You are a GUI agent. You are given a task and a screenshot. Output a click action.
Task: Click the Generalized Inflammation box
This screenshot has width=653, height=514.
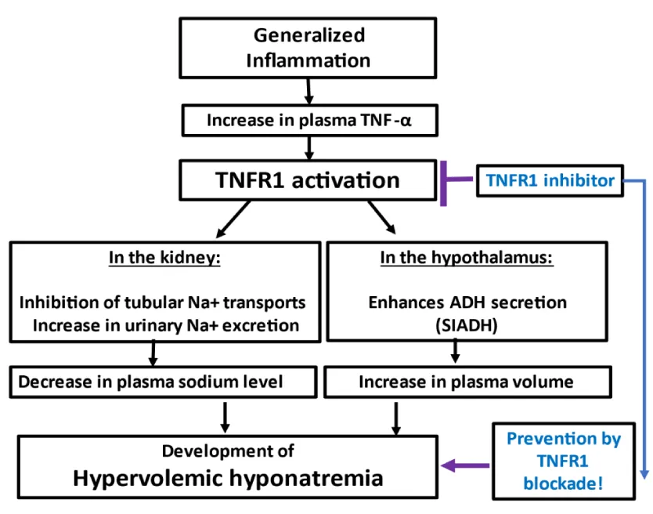308,48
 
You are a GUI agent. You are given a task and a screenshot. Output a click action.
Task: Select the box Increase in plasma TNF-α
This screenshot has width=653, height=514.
310,121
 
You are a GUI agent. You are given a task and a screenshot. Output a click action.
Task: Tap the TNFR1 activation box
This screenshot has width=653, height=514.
308,180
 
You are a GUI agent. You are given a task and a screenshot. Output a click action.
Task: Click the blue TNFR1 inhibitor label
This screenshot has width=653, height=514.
550,180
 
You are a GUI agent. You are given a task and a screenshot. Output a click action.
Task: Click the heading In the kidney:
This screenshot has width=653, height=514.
164,258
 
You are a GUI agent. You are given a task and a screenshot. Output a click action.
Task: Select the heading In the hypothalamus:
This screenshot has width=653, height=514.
467,258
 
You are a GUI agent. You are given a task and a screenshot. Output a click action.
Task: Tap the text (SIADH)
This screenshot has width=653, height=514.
467,325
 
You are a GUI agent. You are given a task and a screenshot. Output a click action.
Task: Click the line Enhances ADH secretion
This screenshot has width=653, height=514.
467,302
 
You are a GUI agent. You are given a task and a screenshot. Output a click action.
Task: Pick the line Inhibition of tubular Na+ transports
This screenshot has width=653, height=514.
162,302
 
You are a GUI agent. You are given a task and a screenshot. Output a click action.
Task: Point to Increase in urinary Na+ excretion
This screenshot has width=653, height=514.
166,325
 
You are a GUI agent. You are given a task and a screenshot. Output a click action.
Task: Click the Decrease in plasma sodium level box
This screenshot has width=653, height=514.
163,382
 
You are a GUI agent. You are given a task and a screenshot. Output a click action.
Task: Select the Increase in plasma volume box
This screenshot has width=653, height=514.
467,382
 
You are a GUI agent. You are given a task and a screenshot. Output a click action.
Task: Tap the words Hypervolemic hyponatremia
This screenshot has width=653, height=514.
228,478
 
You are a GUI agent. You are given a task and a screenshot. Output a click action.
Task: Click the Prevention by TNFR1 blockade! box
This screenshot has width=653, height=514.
564,461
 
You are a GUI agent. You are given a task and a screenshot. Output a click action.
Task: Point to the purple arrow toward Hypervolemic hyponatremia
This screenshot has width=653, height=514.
465,465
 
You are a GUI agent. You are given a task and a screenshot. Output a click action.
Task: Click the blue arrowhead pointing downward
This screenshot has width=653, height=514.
644,474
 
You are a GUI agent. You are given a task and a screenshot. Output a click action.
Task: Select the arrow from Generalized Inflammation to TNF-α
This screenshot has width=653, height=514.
308,92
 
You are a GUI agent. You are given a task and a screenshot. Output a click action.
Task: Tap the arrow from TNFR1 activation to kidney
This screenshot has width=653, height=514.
233,219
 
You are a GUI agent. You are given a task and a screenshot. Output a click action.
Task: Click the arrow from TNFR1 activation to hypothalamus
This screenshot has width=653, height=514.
381,217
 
